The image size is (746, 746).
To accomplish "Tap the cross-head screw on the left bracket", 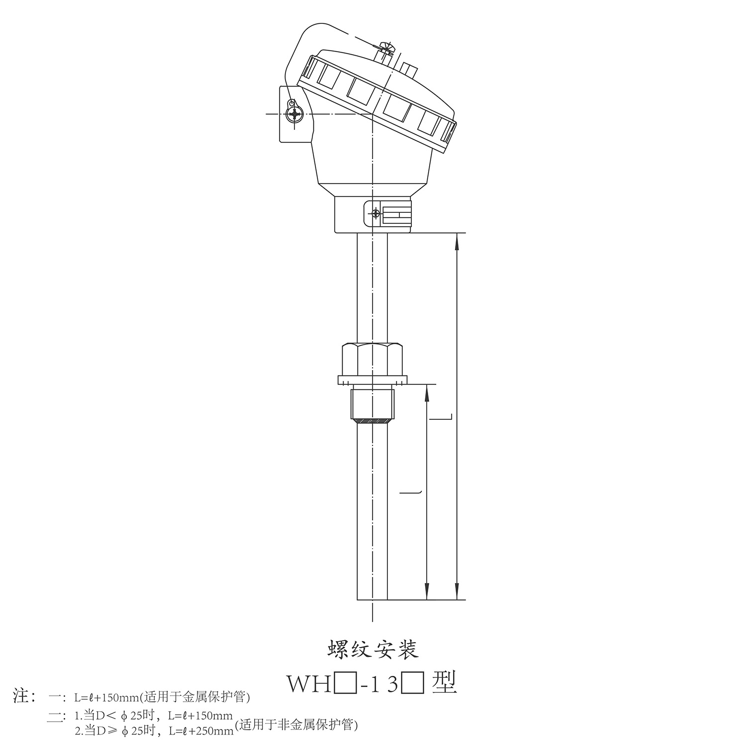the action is [295, 114].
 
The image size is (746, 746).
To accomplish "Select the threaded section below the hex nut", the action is [373, 406].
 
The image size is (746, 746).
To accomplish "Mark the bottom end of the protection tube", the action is [373, 599].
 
